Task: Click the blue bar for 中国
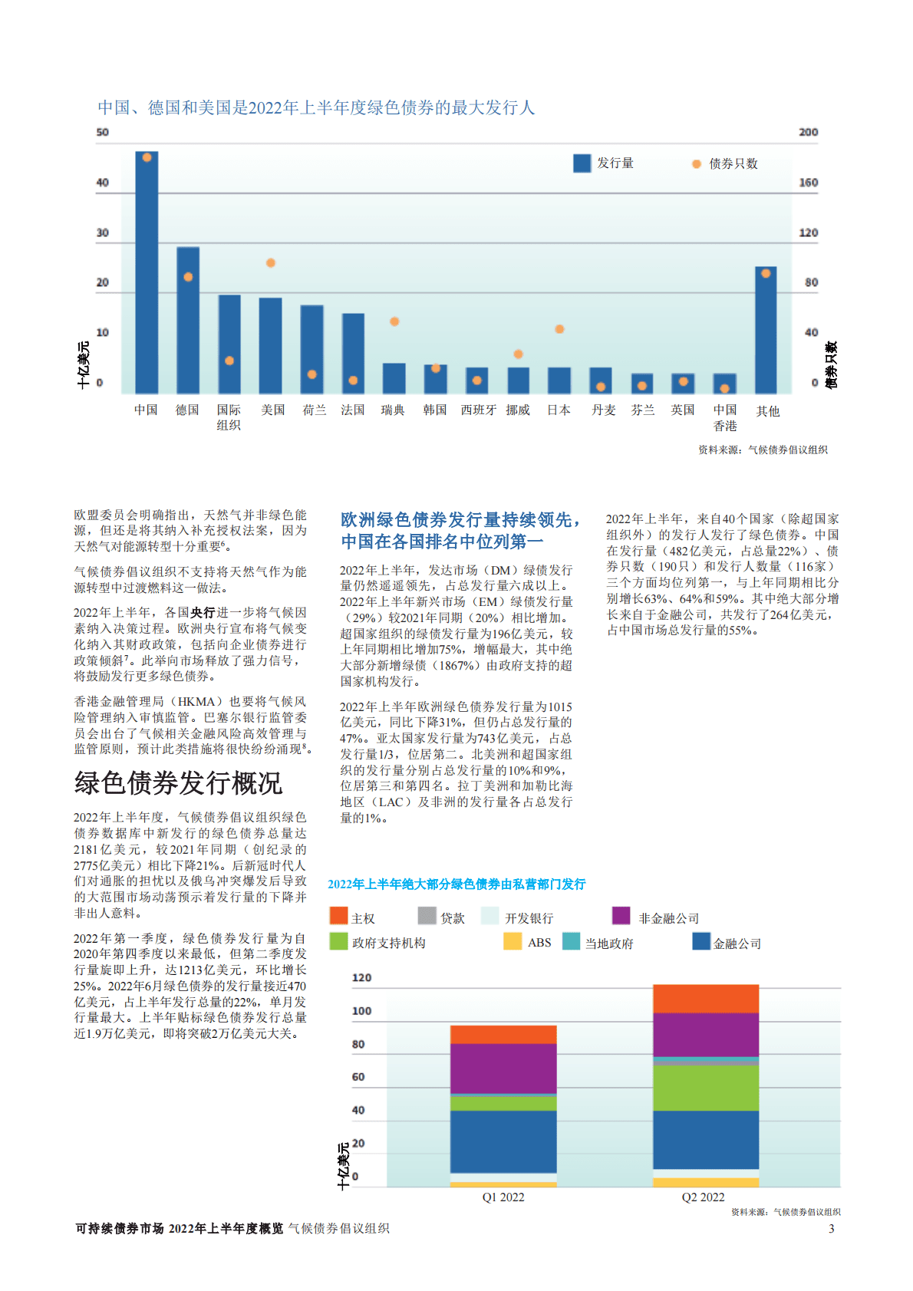click(x=147, y=272)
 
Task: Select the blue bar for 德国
click(x=188, y=320)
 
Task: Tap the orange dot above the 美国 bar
click(x=271, y=263)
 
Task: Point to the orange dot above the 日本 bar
click(x=559, y=329)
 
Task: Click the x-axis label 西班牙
click(x=478, y=410)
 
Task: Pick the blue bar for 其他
click(x=766, y=330)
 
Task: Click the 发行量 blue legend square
click(x=582, y=163)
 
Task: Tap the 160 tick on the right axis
click(x=808, y=183)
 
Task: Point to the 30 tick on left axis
click(x=102, y=232)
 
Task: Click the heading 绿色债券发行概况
click(x=178, y=783)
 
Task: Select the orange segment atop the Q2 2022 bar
click(x=705, y=999)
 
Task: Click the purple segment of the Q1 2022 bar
click(x=503, y=1068)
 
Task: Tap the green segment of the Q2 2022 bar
click(x=705, y=1088)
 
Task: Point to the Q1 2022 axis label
click(x=503, y=1197)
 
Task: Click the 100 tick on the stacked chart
click(x=361, y=1011)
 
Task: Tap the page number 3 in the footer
click(x=831, y=1228)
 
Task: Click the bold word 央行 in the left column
click(x=203, y=613)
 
